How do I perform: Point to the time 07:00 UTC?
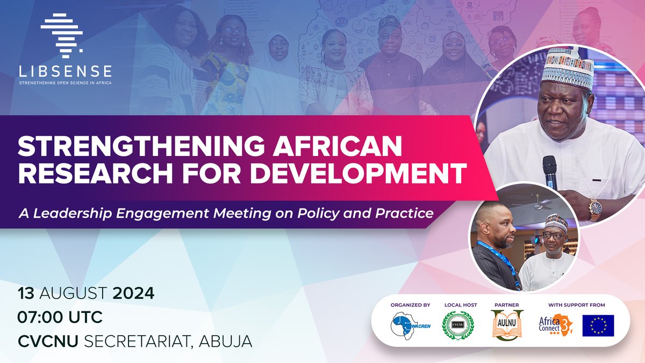click(x=60, y=317)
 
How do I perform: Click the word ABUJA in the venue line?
click(x=220, y=340)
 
